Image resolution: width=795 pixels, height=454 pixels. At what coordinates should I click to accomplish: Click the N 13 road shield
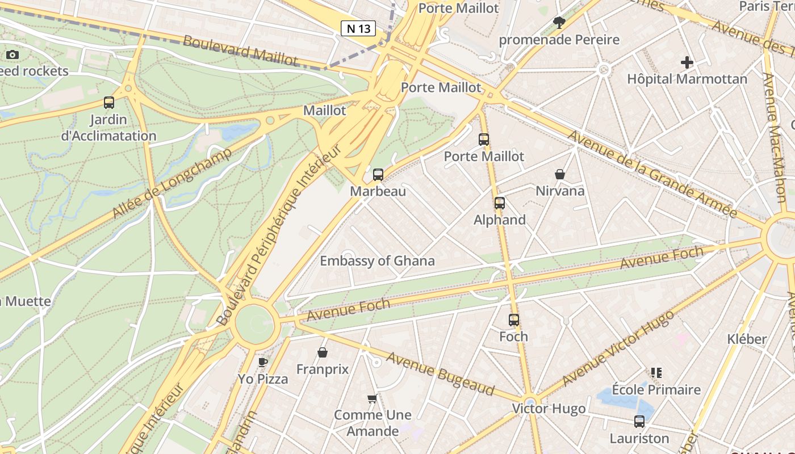coord(358,28)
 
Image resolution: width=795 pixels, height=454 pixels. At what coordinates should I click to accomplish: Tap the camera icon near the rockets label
coord(12,55)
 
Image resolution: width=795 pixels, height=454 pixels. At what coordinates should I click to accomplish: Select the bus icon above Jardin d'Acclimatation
coord(109,103)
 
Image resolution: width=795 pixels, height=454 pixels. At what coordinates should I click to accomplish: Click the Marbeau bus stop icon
coord(378,175)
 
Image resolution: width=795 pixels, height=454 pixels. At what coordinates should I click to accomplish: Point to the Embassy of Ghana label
coord(377,261)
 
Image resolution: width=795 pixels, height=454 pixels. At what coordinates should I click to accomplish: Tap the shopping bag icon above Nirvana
coord(560,174)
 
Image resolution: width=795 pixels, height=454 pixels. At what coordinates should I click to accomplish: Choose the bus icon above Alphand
coord(500,203)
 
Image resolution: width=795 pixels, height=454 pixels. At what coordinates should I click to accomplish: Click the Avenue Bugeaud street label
coord(441,373)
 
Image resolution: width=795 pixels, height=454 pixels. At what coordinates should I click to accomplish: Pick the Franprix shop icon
coord(323,353)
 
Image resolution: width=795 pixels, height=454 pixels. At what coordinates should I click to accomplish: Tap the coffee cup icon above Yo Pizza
coord(262,362)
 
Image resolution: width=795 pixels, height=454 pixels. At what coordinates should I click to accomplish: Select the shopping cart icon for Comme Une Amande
coord(373,398)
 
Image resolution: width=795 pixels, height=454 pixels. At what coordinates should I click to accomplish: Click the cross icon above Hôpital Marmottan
coord(687,62)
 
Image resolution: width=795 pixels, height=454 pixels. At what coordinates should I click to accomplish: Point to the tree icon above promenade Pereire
coord(559,23)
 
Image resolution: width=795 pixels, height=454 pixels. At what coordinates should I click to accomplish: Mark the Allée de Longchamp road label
coord(172,183)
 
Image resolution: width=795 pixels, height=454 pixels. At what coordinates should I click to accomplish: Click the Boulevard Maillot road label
coord(240,50)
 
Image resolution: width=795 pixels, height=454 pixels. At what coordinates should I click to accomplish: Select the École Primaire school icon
coord(656,373)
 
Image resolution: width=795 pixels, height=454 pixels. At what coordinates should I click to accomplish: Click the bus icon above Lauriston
coord(639,422)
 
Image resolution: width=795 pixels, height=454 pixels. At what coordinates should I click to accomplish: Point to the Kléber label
coord(747,339)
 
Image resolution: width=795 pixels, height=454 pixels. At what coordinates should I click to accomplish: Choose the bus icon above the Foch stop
coord(514,320)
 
